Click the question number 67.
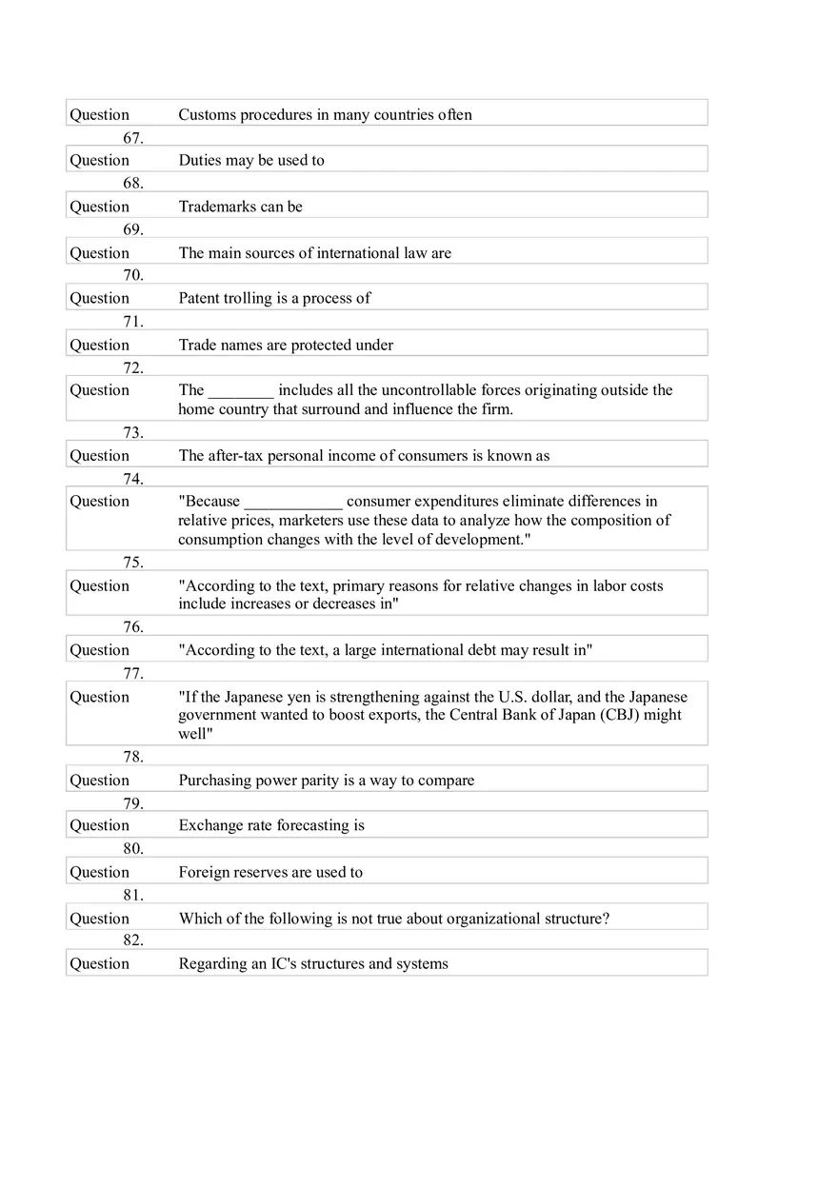point(133,138)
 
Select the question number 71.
point(133,322)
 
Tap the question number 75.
point(133,562)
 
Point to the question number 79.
point(133,803)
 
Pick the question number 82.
point(133,940)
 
